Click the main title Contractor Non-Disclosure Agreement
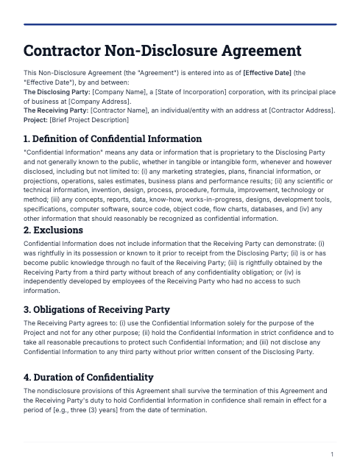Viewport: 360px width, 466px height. click(x=163, y=51)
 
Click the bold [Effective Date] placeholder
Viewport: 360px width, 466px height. click(x=267, y=73)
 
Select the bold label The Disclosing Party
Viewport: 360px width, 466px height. click(x=56, y=91)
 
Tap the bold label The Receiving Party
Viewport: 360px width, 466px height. click(x=55, y=110)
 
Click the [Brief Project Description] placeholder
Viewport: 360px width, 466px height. click(x=89, y=119)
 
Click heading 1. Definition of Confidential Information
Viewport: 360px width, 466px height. click(x=113, y=138)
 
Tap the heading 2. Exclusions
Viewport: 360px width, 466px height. click(x=54, y=230)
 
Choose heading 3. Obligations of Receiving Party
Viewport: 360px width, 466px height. click(x=96, y=309)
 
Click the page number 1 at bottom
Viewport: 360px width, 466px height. click(x=333, y=454)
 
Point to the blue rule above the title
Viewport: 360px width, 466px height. click(x=180, y=24)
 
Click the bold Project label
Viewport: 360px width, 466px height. click(x=35, y=119)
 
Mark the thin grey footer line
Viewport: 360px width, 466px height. click(x=180, y=442)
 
